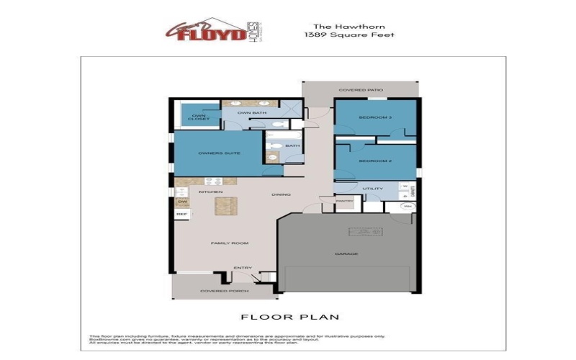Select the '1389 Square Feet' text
[350, 35]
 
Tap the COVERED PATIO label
[361, 90]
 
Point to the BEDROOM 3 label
[375, 117]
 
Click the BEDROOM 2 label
[375, 161]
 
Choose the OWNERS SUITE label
[214, 153]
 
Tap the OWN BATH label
[248, 113]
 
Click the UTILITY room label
[372, 189]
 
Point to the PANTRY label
[344, 201]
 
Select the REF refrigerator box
[181, 215]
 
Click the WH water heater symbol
[408, 206]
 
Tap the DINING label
[281, 194]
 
